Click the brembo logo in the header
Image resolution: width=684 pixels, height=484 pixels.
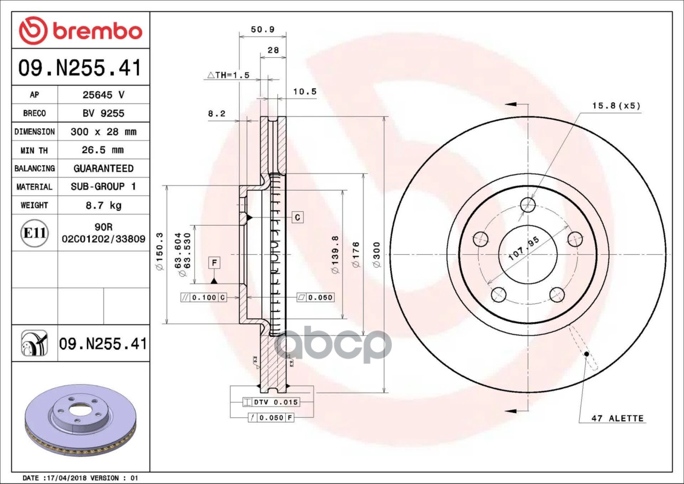pyautogui.click(x=81, y=31)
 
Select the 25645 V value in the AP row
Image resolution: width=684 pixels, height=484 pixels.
pyautogui.click(x=104, y=95)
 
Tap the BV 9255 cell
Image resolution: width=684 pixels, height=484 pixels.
pyautogui.click(x=104, y=113)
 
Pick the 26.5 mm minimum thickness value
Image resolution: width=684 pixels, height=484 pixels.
pyautogui.click(x=103, y=150)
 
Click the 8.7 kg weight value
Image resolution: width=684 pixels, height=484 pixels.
pyautogui.click(x=104, y=205)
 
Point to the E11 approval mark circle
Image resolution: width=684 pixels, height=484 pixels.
pyautogui.click(x=35, y=233)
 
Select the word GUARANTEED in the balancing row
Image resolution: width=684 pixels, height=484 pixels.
pyautogui.click(x=104, y=168)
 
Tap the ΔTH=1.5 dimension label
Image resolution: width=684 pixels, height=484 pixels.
pyautogui.click(x=228, y=75)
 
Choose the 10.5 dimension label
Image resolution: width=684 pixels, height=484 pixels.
pyautogui.click(x=305, y=91)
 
